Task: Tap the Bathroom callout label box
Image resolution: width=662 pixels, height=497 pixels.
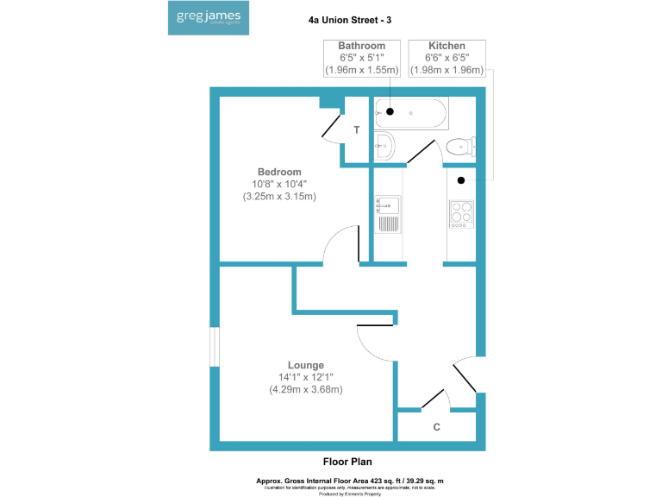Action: pyautogui.click(x=361, y=57)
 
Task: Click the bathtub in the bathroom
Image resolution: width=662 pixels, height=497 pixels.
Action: pyautogui.click(x=411, y=112)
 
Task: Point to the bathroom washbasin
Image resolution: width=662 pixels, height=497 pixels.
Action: pyautogui.click(x=384, y=146)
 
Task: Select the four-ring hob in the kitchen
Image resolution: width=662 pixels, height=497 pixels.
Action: pyautogui.click(x=461, y=212)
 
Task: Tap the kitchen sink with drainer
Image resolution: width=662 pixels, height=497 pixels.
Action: pyautogui.click(x=387, y=215)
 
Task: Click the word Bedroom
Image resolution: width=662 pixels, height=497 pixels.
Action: pyautogui.click(x=279, y=172)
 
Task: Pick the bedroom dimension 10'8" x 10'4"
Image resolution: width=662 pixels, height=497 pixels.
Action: pyautogui.click(x=279, y=184)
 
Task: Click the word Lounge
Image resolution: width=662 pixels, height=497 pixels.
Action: pyautogui.click(x=306, y=365)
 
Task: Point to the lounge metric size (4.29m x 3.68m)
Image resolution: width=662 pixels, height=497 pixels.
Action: pyautogui.click(x=306, y=389)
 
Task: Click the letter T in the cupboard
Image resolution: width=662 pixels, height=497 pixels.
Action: pyautogui.click(x=356, y=130)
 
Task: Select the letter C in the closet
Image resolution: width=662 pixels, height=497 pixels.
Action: pyautogui.click(x=437, y=427)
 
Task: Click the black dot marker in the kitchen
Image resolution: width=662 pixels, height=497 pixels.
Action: pyautogui.click(x=461, y=180)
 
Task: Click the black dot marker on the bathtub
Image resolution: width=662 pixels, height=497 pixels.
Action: pyautogui.click(x=390, y=111)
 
